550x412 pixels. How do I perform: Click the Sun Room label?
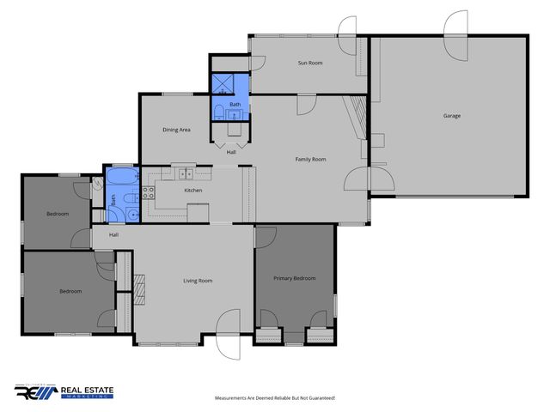(310, 64)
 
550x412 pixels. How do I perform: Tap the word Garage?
(452, 116)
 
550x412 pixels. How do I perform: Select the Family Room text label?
(310, 159)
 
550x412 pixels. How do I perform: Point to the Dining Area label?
(176, 130)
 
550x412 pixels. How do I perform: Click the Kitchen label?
(193, 190)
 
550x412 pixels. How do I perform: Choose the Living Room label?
(197, 281)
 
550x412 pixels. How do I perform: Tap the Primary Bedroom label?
(295, 278)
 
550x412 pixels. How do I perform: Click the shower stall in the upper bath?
(223, 83)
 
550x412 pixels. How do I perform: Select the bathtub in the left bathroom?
(122, 179)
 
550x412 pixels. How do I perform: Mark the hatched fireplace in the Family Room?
(358, 112)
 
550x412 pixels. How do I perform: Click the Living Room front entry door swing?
(229, 332)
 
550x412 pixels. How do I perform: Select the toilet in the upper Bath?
(218, 110)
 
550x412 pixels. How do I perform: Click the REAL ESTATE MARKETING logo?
(64, 392)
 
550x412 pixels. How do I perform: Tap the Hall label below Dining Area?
(231, 152)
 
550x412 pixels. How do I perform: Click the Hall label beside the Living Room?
(113, 234)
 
